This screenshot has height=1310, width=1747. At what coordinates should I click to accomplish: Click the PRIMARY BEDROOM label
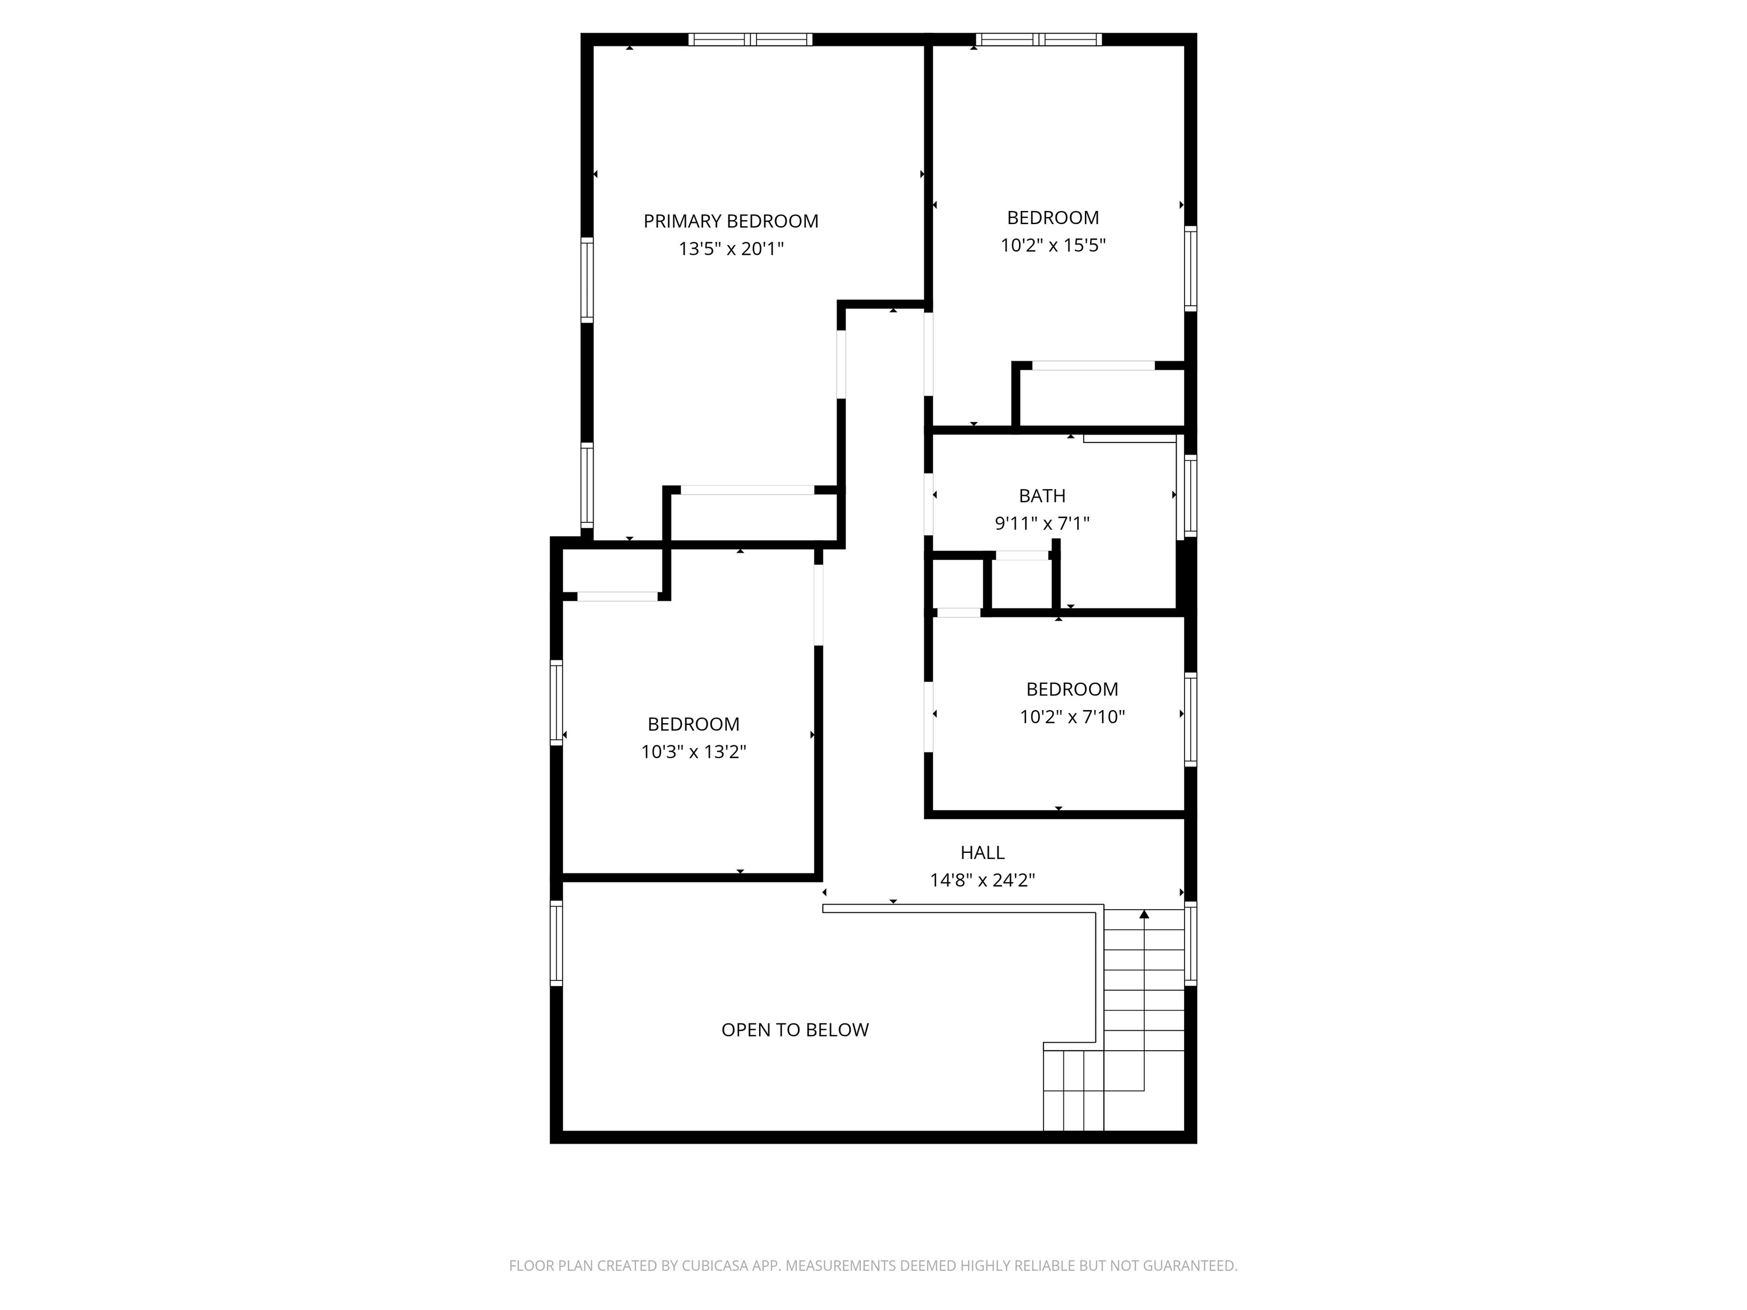[731, 221]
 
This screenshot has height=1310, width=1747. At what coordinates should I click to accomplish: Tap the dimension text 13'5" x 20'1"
[731, 248]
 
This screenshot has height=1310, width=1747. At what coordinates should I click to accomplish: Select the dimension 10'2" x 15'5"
[1053, 245]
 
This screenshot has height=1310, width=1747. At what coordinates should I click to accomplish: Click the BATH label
[1042, 496]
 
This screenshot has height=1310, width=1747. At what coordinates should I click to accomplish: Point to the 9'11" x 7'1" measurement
[1042, 523]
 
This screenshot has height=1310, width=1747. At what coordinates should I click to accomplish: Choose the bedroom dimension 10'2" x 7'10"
[1072, 716]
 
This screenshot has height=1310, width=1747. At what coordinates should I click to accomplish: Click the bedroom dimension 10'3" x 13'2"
[693, 751]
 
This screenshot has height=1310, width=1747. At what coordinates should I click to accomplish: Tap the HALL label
[982, 852]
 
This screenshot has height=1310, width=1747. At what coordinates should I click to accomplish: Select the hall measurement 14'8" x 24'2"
[982, 880]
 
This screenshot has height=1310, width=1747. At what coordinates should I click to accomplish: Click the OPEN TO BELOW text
[794, 1030]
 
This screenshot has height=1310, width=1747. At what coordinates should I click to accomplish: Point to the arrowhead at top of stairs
[1144, 914]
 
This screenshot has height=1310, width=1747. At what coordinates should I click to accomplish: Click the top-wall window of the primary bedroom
[750, 39]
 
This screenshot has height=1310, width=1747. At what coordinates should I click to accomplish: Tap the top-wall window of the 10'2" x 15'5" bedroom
[1038, 39]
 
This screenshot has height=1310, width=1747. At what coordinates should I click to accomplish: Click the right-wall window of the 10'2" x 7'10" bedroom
[1190, 719]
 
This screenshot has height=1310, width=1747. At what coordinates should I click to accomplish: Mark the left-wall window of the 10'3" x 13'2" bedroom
[556, 702]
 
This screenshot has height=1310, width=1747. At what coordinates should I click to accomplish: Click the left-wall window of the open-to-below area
[556, 944]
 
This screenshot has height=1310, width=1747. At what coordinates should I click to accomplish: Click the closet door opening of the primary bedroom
[747, 490]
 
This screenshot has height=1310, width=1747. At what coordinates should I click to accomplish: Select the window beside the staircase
[1190, 944]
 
